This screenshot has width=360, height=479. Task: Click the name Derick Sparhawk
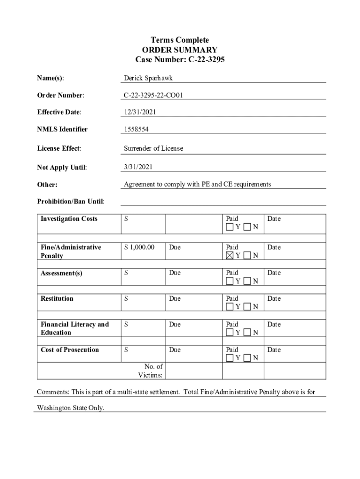(x=148, y=78)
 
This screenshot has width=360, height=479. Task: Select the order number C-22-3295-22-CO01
(x=153, y=95)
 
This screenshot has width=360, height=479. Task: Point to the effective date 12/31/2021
(x=140, y=112)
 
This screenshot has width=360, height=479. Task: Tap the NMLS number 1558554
(x=137, y=130)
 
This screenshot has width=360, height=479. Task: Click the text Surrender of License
(x=153, y=148)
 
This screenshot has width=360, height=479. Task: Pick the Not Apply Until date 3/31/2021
(x=138, y=167)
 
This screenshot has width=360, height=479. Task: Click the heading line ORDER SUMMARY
(x=180, y=50)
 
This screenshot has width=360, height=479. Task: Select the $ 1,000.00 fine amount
(x=139, y=247)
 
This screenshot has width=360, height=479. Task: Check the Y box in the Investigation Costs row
(x=230, y=227)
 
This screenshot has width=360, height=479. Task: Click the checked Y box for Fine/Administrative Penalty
(x=230, y=255)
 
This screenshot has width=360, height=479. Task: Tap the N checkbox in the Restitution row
(x=247, y=307)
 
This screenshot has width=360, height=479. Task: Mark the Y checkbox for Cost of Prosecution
(x=230, y=358)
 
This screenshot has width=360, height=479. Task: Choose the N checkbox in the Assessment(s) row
(x=247, y=281)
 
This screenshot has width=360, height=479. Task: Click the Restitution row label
(x=57, y=298)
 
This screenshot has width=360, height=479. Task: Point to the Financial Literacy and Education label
(x=74, y=328)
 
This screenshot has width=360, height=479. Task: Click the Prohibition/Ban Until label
(x=71, y=202)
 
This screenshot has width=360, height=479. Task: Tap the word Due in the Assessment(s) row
(x=175, y=273)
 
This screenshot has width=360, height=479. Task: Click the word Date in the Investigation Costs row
(x=274, y=218)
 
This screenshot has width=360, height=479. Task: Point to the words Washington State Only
(x=71, y=408)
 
